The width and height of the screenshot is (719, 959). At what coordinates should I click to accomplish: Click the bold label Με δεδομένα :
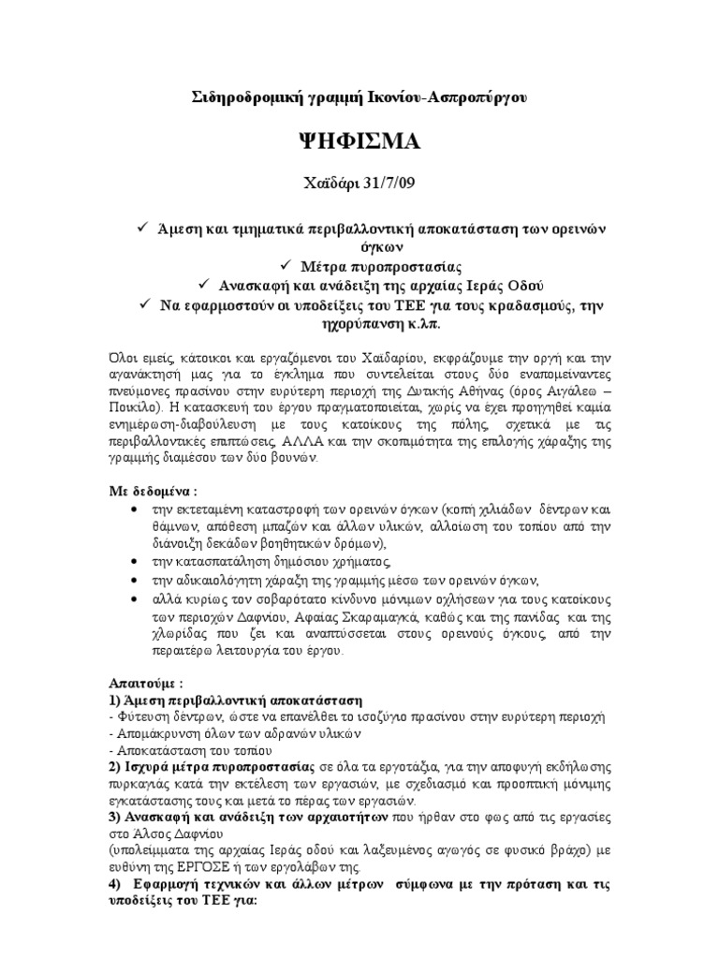pos(151,492)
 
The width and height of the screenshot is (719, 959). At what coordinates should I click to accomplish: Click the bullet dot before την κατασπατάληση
pos(137,562)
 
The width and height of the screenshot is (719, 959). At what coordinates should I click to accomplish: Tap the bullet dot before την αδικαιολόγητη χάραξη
pos(137,581)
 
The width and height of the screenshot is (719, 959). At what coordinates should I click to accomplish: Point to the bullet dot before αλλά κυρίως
pos(137,599)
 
